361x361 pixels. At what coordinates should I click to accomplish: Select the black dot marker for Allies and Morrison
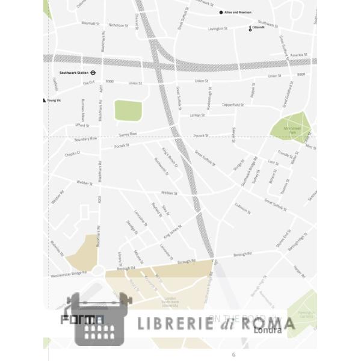(x=221, y=12)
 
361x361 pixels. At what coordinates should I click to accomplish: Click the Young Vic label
(x=55, y=101)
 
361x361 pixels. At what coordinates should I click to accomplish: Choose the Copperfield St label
(x=232, y=105)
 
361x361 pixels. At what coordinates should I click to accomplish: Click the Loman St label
(x=197, y=115)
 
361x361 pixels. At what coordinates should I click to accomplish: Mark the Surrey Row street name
(x=128, y=134)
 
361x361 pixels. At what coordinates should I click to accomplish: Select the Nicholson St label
(x=117, y=25)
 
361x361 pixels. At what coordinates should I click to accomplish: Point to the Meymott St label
(x=90, y=23)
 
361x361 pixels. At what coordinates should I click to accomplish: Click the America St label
(x=298, y=55)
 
